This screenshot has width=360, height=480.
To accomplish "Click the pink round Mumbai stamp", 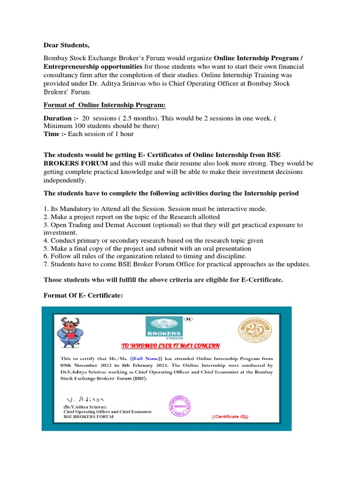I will click(180, 405).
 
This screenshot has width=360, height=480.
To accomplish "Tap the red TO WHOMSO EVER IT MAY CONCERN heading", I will click(171, 346).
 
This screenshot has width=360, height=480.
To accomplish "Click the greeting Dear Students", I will click(66, 45).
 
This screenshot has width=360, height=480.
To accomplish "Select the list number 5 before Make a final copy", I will click(45, 248).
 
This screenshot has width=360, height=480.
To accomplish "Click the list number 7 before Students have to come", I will click(45, 264).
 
